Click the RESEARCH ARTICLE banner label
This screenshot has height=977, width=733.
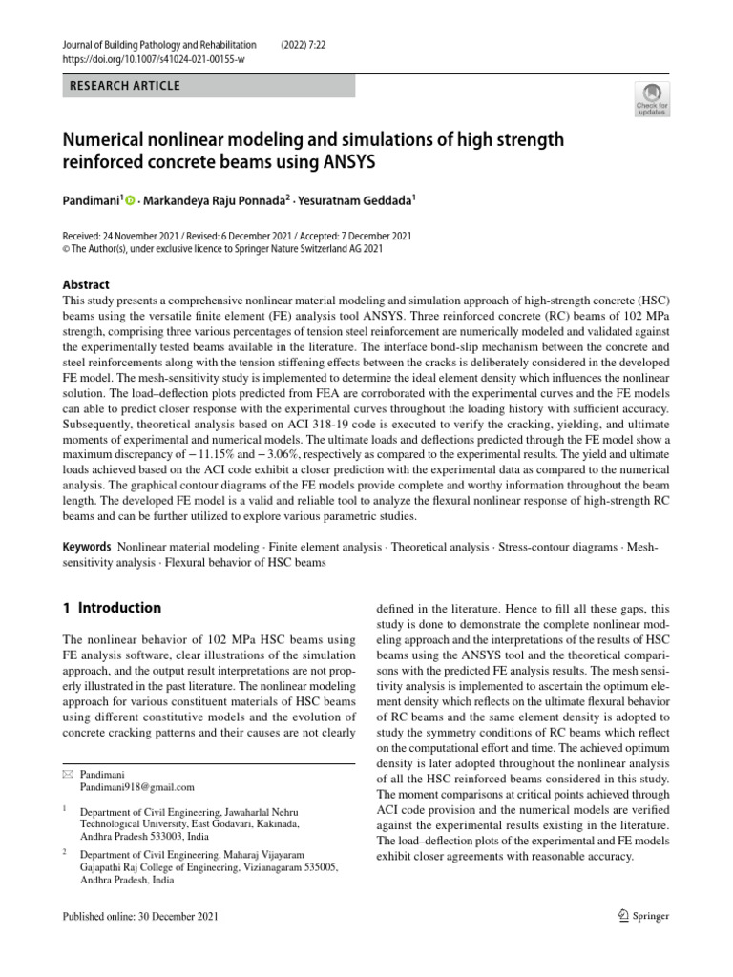(124, 87)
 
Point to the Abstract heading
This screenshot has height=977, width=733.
(86, 284)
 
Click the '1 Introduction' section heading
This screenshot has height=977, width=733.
(112, 608)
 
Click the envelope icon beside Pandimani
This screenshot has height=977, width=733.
(66, 774)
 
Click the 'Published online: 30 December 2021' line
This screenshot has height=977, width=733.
(140, 917)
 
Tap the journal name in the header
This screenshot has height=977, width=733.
(158, 44)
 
